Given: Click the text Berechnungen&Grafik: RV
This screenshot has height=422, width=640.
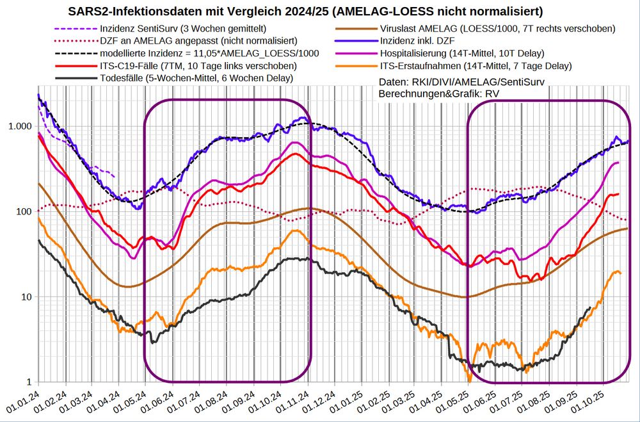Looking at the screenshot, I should point(439,94).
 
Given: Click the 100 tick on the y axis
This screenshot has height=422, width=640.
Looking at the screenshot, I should point(24,211).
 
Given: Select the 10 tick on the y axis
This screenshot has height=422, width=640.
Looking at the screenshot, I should point(26,297).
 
